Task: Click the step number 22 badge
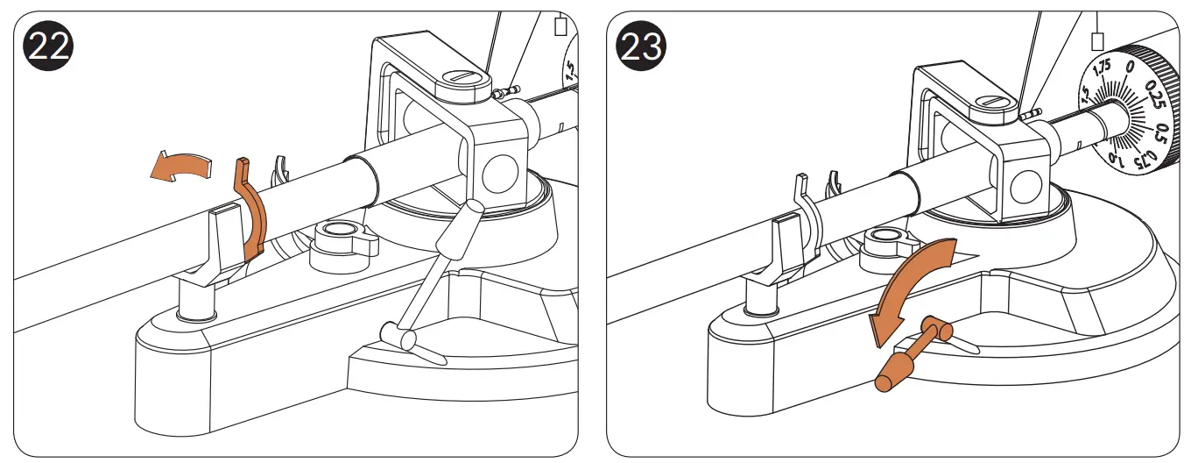pos(49,46)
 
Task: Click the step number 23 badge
pos(642,46)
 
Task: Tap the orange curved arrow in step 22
pos(181,167)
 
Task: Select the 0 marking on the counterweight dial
pos(1130,68)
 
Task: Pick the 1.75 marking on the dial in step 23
pos(1102,66)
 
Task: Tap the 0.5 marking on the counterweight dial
pos(1161,134)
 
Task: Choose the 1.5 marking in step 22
pos(570,71)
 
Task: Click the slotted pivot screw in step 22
pos(463,79)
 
